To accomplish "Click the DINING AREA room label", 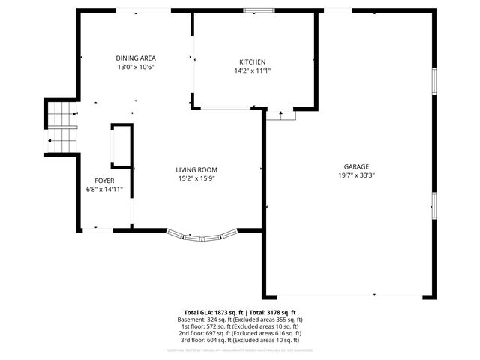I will [x=136, y=58].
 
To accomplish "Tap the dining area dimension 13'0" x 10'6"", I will [x=136, y=67].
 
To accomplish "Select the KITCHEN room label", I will [x=252, y=61].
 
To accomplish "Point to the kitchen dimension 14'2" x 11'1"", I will [x=252, y=70].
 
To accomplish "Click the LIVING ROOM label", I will [x=196, y=170].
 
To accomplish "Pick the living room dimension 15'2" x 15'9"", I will [x=196, y=179].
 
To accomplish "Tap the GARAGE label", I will [x=356, y=166].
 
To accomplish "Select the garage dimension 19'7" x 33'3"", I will [x=356, y=175].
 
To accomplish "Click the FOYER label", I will [x=104, y=181].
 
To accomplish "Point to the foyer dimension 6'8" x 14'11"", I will [x=104, y=190].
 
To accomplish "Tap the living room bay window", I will [x=203, y=235].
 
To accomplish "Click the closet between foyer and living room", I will [x=121, y=145].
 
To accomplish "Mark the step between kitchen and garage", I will [x=280, y=115].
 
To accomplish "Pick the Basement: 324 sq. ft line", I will [x=239, y=319].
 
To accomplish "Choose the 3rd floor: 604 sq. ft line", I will [x=239, y=340].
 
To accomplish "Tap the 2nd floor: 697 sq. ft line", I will [x=239, y=333].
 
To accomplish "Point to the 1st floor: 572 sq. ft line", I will [x=239, y=326].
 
